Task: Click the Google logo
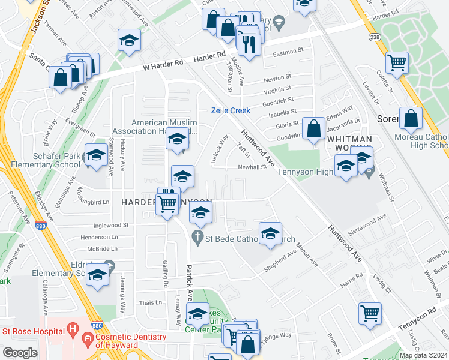(x=20, y=353)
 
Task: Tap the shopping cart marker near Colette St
(x=397, y=62)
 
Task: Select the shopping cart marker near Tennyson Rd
(x=370, y=313)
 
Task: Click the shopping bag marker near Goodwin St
(x=314, y=127)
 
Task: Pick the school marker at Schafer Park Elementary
(x=96, y=155)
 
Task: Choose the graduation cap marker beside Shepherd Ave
(x=270, y=233)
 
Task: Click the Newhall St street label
(x=252, y=167)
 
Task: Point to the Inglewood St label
(x=111, y=226)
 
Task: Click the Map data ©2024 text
(x=423, y=355)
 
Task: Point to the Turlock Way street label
(x=220, y=148)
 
